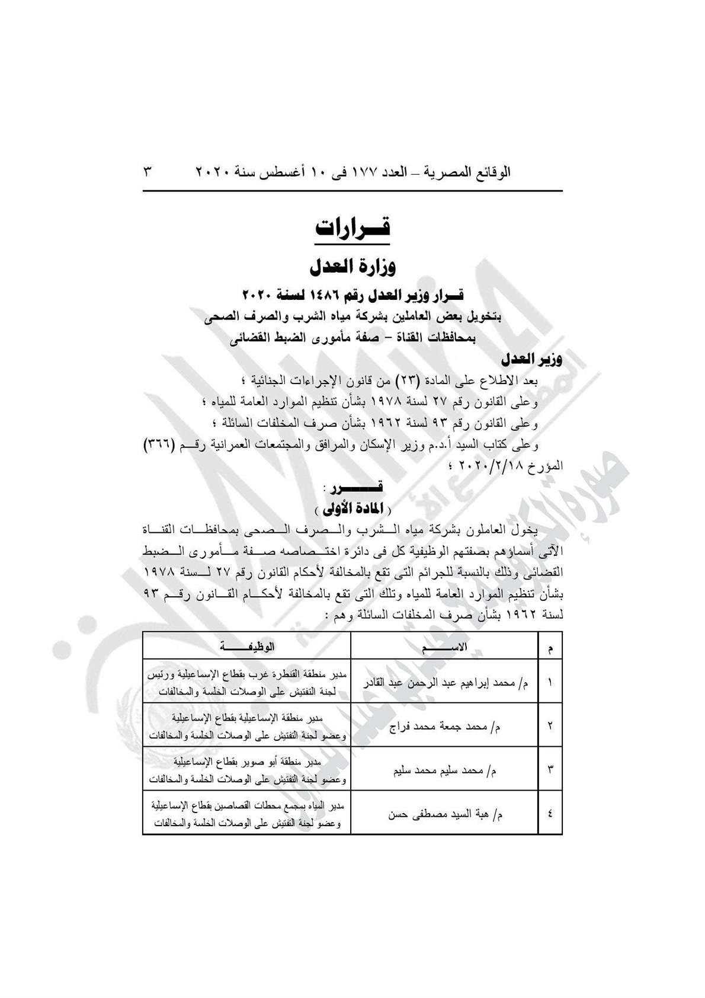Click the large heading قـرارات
(x=352, y=229)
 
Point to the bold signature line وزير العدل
(x=531, y=359)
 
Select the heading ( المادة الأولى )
(x=352, y=508)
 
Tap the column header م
(x=550, y=648)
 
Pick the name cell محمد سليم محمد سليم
(x=445, y=770)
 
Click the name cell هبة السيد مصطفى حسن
(x=445, y=814)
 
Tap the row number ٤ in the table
(x=550, y=814)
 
